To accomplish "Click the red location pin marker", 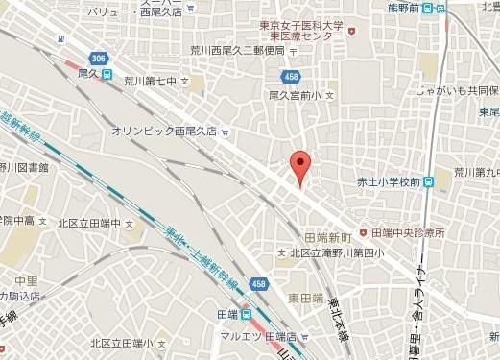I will click(301, 167).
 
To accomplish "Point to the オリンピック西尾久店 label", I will click(164, 132).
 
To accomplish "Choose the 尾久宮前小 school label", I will click(301, 95).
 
